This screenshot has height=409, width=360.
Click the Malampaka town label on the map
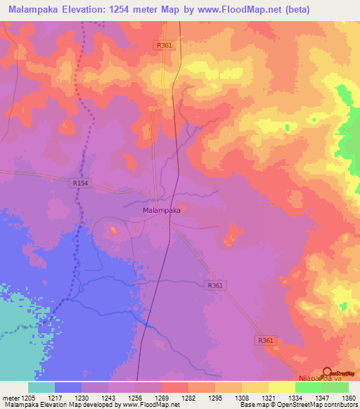click(162, 210)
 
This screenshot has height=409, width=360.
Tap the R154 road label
click(80, 183)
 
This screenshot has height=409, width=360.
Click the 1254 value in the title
click(138, 8)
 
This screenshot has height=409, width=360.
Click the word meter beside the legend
click(12, 396)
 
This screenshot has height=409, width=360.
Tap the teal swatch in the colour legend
click(41, 387)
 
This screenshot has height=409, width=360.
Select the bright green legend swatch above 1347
click(309, 387)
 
